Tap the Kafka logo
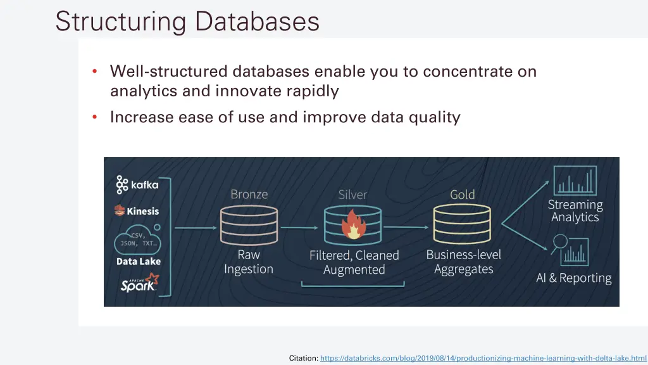coord(137,185)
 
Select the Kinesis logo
coord(137,211)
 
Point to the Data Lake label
coord(139,261)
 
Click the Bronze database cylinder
coord(249,226)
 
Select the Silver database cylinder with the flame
coord(352,226)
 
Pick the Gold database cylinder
coord(462,226)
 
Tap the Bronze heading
coord(249,195)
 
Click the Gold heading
coord(462,195)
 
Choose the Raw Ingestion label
coord(249,262)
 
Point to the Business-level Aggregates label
coord(463,262)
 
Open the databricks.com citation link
coord(483,358)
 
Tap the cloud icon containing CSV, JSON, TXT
coord(137,241)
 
